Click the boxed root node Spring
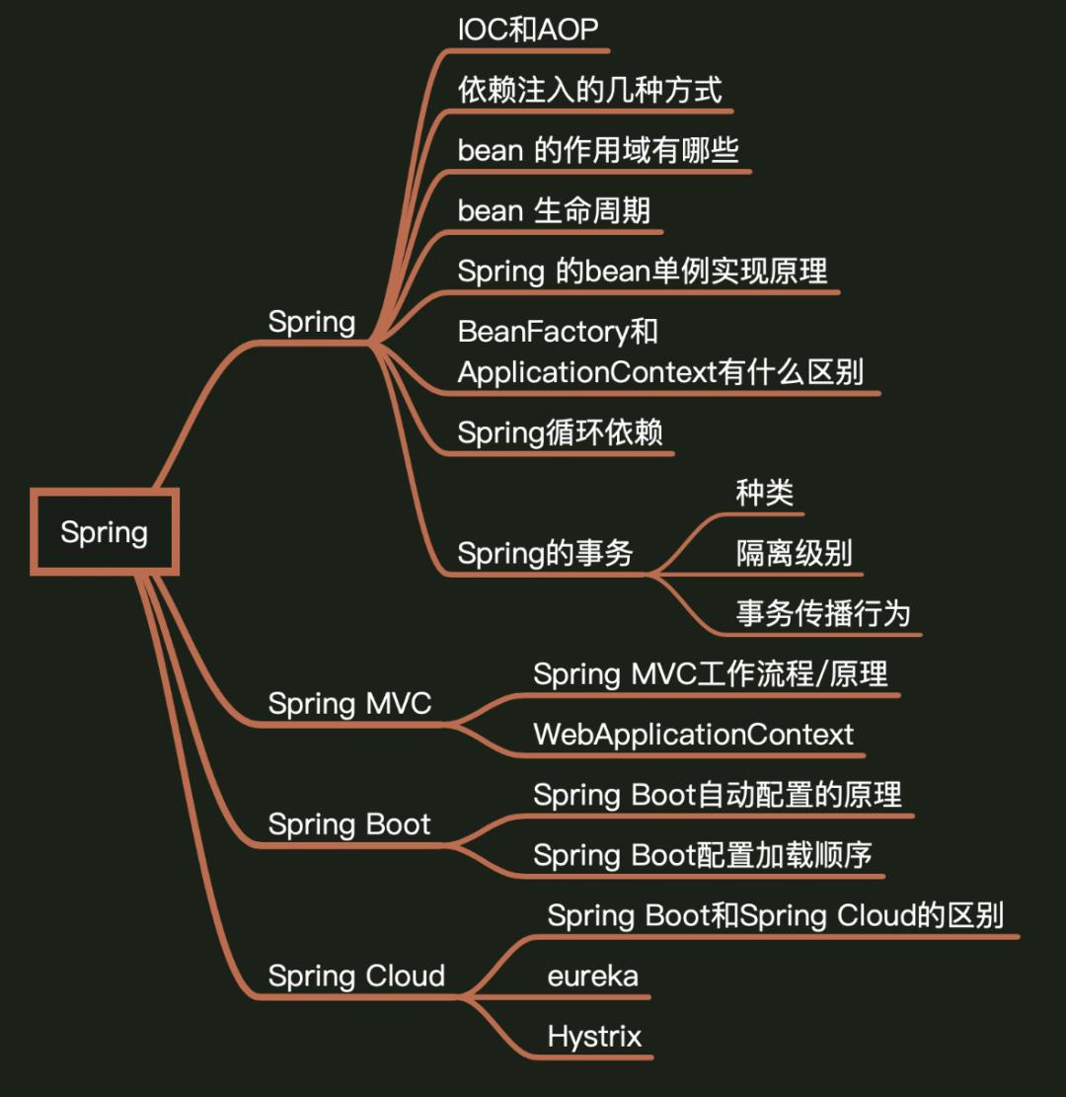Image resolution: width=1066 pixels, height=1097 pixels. [x=104, y=532]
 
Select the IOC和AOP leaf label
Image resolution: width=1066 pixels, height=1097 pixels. [x=528, y=30]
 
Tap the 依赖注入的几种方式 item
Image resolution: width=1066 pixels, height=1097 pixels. [x=590, y=90]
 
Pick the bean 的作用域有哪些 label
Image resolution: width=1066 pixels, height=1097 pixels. [x=598, y=150]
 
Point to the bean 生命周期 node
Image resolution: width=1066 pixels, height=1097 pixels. [x=554, y=210]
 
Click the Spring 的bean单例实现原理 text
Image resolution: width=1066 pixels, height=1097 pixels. [x=643, y=271]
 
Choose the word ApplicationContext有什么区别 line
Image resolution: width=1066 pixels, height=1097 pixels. [x=660, y=372]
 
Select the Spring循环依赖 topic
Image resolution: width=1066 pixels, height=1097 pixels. [x=560, y=432]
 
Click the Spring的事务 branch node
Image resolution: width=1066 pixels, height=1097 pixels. [x=545, y=553]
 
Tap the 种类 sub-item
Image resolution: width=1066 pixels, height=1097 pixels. [x=765, y=493]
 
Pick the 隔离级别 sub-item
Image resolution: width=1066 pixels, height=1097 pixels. [x=794, y=553]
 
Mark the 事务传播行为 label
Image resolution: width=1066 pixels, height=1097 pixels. [x=822, y=613]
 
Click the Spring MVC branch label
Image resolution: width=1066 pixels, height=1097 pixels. [x=349, y=704]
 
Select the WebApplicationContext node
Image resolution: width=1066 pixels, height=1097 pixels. [x=693, y=735]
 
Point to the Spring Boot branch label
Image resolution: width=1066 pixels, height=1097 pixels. [x=349, y=824]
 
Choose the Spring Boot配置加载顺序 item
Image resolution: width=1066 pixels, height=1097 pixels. [x=703, y=855]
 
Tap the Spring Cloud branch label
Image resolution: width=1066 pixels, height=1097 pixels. [x=356, y=976]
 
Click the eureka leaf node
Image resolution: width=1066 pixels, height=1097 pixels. [x=593, y=977]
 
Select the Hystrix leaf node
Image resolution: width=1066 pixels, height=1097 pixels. [x=594, y=1037]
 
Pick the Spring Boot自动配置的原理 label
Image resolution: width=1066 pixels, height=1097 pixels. [x=718, y=795]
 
